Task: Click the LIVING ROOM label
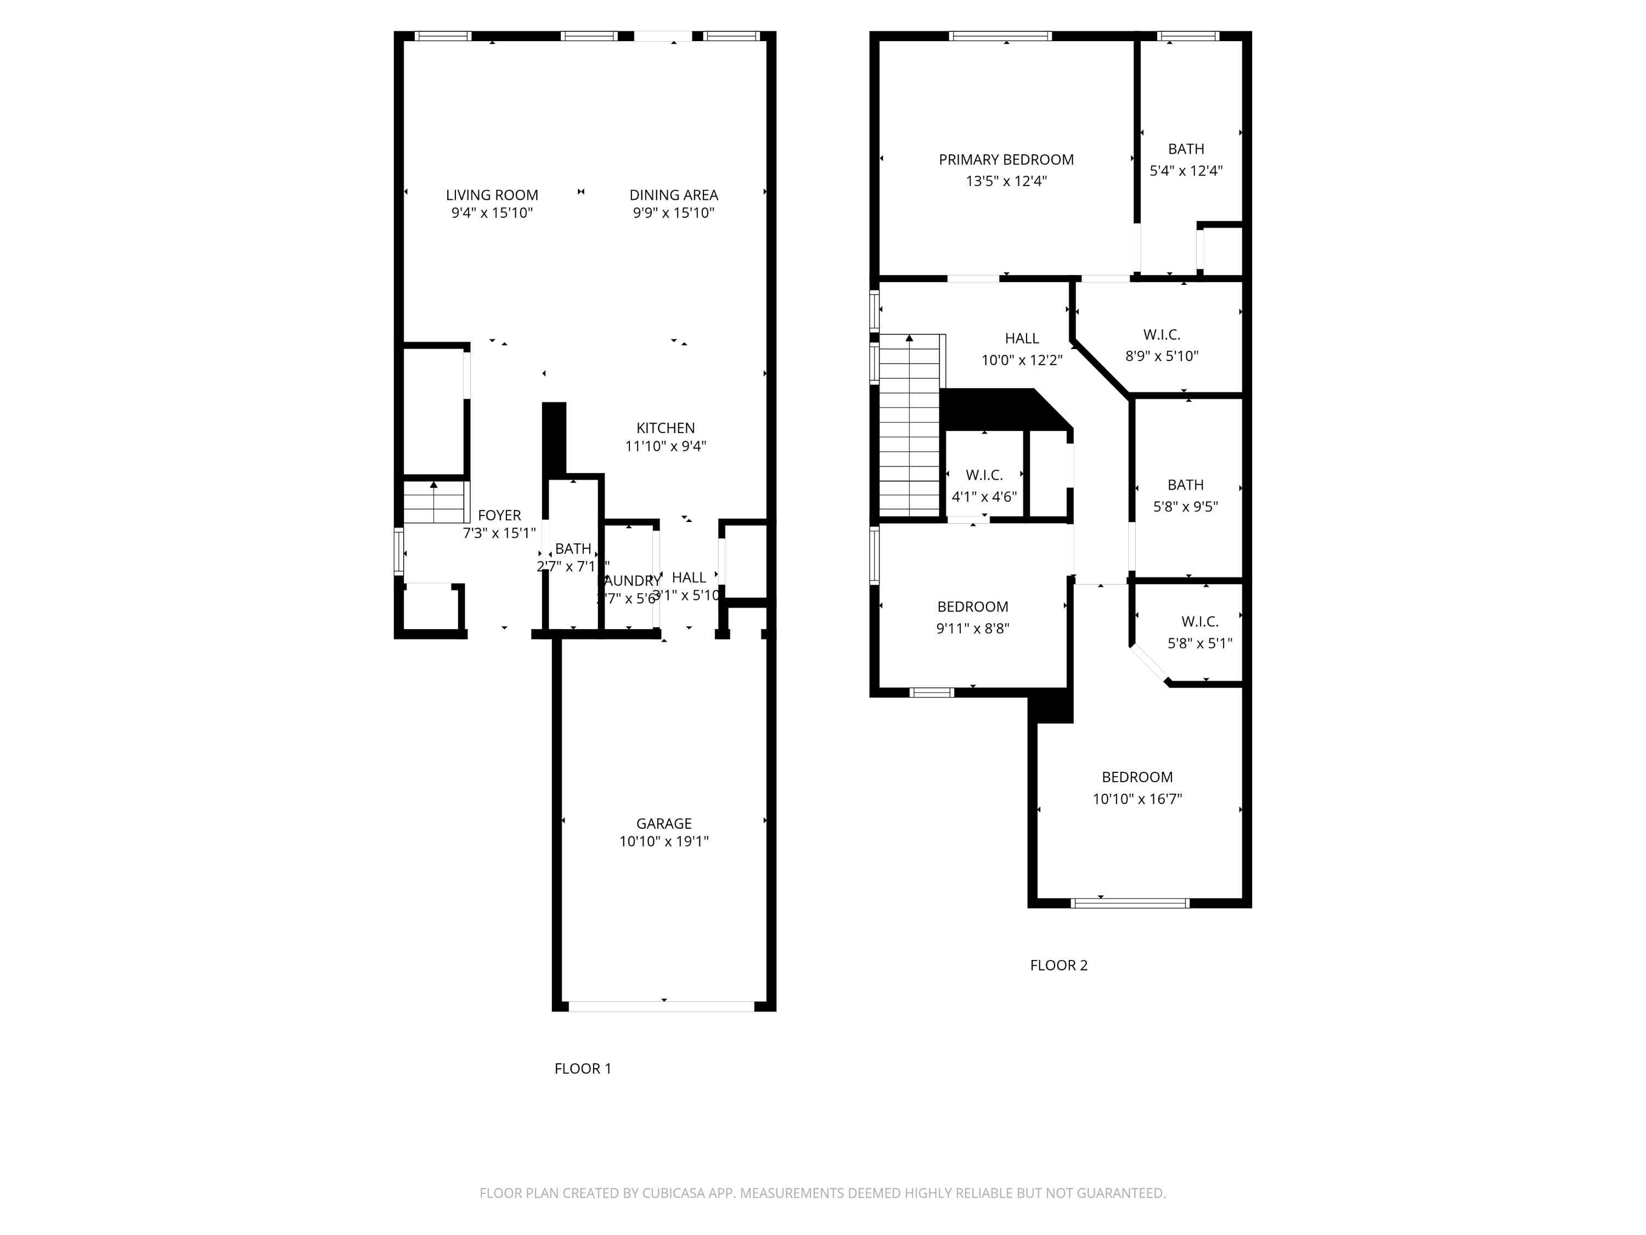click(492, 195)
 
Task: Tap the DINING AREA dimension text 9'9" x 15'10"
click(673, 214)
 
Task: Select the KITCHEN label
click(665, 428)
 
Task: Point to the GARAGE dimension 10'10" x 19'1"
click(664, 842)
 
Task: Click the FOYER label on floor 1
click(499, 515)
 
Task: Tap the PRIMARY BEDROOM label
click(1006, 159)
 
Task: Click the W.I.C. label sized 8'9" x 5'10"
click(1162, 335)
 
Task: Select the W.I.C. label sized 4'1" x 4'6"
click(984, 475)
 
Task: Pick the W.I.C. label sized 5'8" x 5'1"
click(1199, 621)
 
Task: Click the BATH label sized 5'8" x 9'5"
click(1185, 485)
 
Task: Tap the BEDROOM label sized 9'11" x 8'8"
click(973, 607)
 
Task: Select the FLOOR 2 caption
click(1058, 965)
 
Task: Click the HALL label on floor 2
click(1022, 339)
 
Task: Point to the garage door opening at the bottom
click(662, 1007)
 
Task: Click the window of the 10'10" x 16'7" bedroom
click(1130, 903)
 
